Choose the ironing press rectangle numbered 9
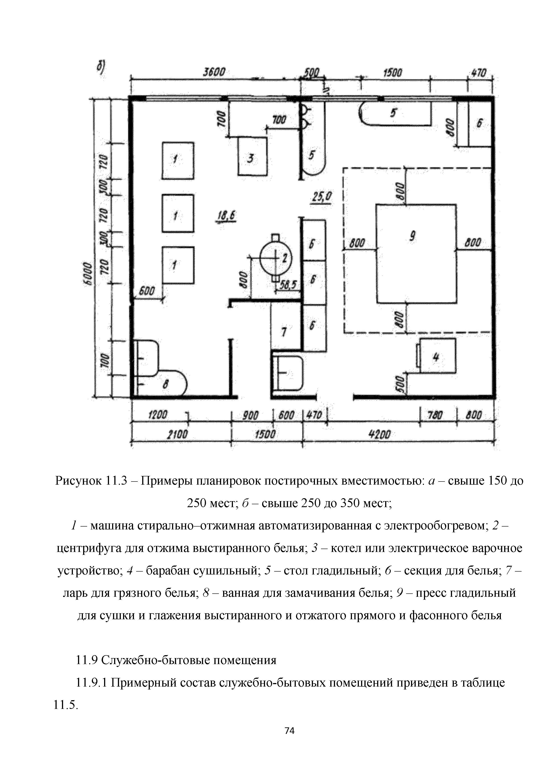pyautogui.click(x=416, y=253)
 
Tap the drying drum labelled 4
pyautogui.click(x=437, y=356)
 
